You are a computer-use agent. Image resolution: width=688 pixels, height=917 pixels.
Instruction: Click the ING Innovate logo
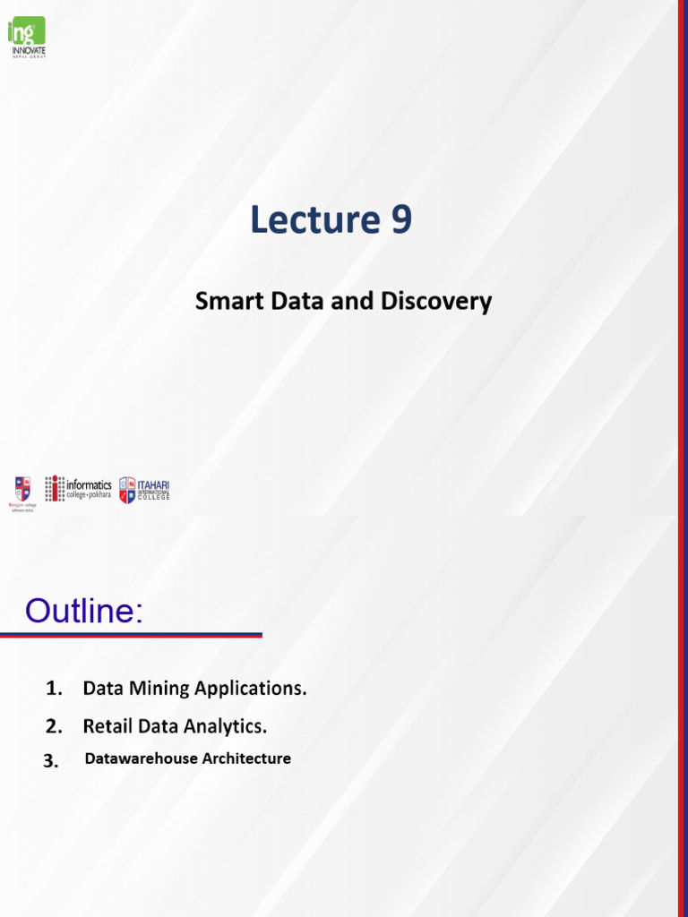[x=27, y=37]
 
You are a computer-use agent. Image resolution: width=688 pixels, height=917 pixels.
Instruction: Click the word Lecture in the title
[x=312, y=220]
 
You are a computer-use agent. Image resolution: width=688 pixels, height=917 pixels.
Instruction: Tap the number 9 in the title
[x=400, y=220]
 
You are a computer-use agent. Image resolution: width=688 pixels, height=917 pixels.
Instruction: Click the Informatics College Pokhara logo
[x=79, y=488]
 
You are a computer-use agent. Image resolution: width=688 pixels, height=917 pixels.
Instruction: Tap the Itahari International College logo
[x=144, y=489]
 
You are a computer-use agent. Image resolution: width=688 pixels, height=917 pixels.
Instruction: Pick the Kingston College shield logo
[x=22, y=489]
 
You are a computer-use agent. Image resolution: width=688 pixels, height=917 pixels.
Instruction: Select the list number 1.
[x=54, y=689]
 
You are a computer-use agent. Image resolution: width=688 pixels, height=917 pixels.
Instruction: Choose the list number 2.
[x=54, y=724]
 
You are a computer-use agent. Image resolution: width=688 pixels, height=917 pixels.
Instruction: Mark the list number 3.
[x=50, y=761]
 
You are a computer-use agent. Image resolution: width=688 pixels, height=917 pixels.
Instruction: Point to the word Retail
[x=108, y=724]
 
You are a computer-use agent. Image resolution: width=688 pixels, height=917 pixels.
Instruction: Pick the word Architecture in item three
[x=246, y=758]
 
